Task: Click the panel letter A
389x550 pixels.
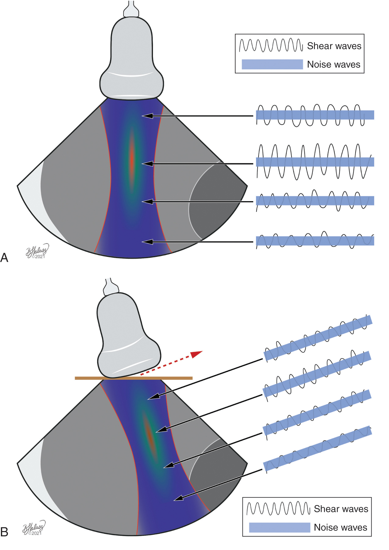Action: point(4,258)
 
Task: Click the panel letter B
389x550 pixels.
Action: point(4,532)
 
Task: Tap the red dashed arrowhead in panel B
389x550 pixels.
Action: point(196,354)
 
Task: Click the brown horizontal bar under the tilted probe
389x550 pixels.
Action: point(134,378)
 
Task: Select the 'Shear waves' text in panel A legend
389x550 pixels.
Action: point(334,46)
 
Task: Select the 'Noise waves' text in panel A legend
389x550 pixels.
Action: point(333,64)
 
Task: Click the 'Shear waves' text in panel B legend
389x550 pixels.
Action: point(341,509)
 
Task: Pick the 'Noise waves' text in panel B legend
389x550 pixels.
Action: point(340,527)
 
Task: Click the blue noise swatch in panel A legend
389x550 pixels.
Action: point(272,64)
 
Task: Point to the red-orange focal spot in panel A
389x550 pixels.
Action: point(132,162)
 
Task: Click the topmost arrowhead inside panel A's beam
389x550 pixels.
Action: point(147,116)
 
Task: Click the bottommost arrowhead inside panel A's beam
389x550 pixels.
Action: point(147,242)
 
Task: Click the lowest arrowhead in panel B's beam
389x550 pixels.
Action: point(178,498)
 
